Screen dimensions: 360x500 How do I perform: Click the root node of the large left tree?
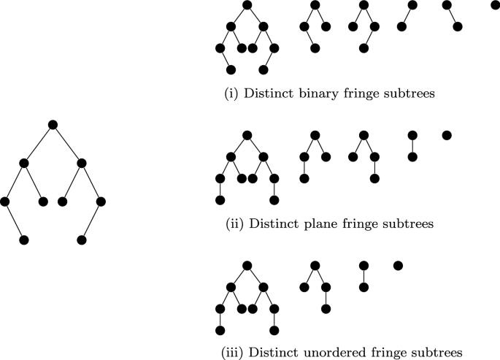point(52,124)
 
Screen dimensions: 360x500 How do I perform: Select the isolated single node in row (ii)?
point(447,135)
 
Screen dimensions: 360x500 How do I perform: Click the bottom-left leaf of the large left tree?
point(23,240)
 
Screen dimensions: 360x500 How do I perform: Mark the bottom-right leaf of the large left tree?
point(81,240)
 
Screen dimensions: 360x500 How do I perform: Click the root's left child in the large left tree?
point(23,162)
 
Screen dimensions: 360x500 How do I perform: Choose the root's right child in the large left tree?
point(81,162)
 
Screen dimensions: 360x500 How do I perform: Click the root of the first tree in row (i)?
point(247,5)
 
